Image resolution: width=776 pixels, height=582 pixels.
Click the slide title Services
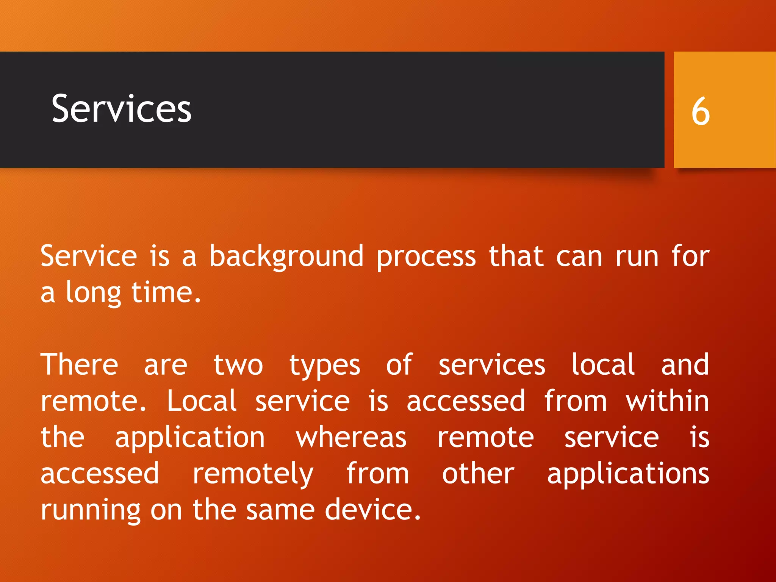[x=121, y=109]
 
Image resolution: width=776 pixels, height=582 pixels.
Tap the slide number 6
[x=700, y=111]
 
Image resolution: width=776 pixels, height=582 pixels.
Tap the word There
[x=79, y=365]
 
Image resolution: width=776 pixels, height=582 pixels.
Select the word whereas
[x=351, y=438]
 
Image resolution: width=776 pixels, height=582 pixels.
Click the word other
[x=478, y=474]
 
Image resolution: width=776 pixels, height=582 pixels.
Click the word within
[x=667, y=401]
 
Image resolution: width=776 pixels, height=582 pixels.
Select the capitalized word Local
[x=202, y=401]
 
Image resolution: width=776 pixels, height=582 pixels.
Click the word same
[x=280, y=510]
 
